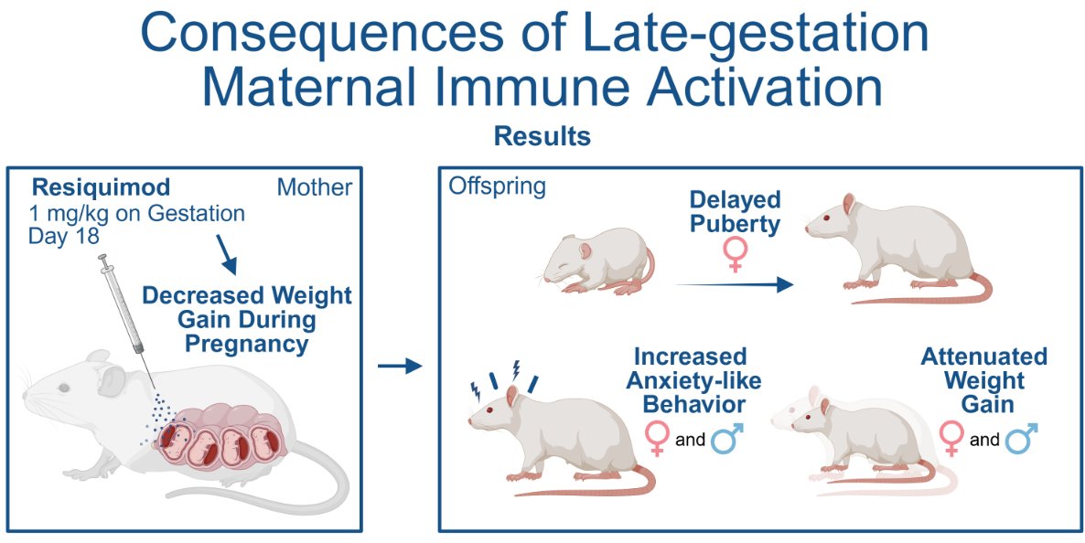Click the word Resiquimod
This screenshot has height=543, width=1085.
(101, 188)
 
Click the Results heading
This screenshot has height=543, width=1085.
(542, 137)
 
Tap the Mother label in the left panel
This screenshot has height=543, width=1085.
(314, 188)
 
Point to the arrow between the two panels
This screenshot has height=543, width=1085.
(400, 367)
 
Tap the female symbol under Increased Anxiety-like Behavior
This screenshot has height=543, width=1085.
(656, 439)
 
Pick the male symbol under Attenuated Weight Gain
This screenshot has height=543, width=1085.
(1023, 439)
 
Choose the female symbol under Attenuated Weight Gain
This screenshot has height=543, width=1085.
(951, 439)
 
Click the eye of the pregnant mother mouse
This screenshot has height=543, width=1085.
(63, 389)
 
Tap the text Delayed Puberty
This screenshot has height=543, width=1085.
(735, 212)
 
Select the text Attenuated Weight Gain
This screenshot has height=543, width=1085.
(983, 379)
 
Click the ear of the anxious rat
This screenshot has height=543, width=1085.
(511, 396)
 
